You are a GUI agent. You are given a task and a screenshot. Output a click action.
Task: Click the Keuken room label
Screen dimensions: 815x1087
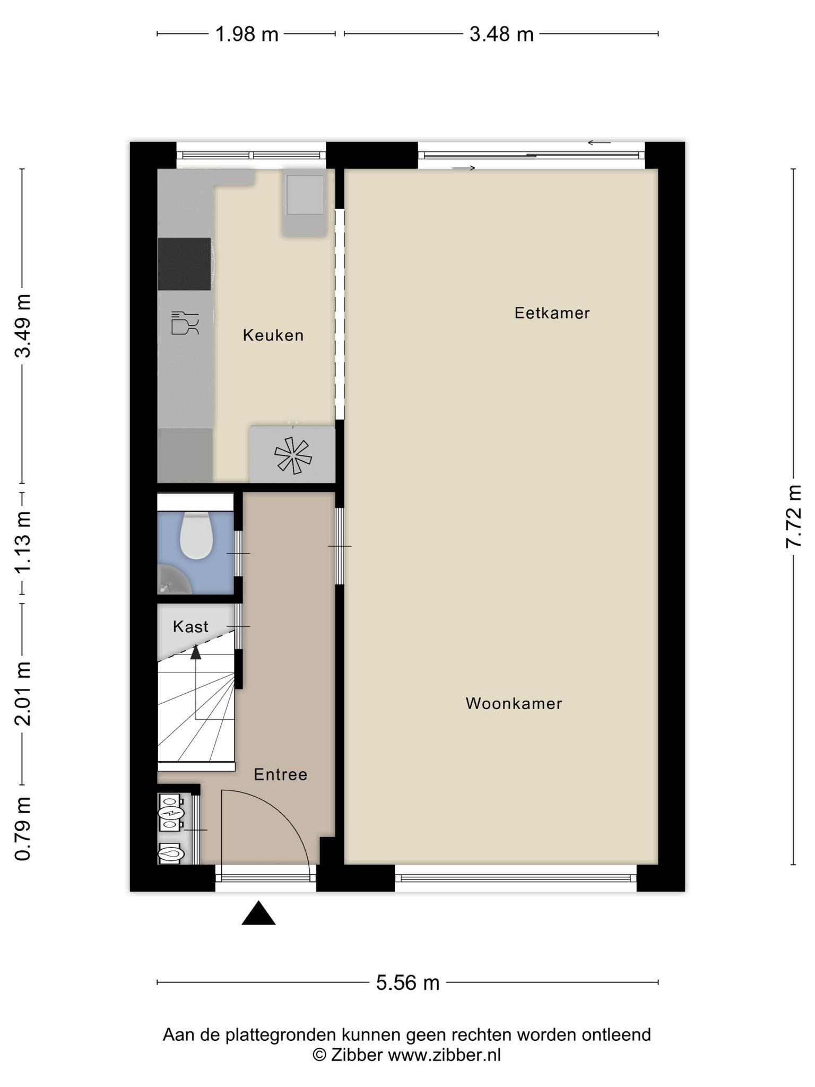coord(273,335)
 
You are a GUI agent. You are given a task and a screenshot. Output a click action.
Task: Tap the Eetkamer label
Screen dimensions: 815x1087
coord(552,313)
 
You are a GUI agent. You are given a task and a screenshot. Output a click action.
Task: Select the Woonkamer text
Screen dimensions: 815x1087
coord(514,703)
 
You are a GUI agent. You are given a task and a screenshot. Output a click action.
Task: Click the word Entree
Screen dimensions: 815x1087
coord(280,774)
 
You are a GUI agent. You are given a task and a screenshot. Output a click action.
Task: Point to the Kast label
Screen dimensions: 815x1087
coord(190,627)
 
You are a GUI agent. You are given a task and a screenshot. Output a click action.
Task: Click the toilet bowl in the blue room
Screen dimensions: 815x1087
coord(196,535)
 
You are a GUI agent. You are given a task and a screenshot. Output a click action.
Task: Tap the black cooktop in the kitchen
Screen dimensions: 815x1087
coord(184,264)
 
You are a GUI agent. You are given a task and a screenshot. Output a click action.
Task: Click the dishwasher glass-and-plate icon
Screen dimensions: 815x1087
coord(185,323)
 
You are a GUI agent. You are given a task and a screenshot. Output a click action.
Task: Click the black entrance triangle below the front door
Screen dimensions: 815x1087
coord(258,913)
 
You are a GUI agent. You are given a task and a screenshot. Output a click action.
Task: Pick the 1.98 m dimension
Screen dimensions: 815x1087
coord(247,34)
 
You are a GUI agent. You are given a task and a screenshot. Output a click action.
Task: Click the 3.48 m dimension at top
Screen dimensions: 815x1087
coord(501,34)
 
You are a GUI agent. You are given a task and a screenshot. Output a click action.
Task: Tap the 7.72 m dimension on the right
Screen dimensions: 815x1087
coord(794,516)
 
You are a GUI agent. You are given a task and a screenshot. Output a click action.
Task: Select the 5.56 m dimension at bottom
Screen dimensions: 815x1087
coord(408,982)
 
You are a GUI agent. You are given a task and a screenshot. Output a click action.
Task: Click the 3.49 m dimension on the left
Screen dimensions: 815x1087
coord(23,325)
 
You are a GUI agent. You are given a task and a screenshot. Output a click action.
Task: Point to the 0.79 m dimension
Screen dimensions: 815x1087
coord(23,829)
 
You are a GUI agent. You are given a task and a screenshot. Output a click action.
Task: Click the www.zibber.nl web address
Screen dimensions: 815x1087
coord(444,1055)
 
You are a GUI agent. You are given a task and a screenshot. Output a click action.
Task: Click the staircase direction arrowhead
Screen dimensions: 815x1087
coord(196,652)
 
